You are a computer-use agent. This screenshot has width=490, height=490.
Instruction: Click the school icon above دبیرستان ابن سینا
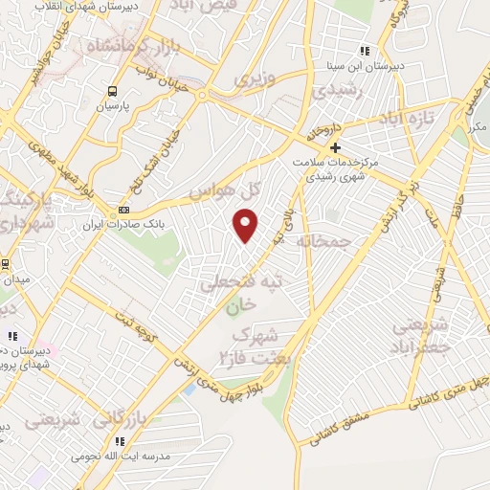pyautogui.click(x=364, y=50)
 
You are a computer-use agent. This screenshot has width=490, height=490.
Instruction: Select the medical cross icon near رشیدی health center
pyautogui.click(x=335, y=147)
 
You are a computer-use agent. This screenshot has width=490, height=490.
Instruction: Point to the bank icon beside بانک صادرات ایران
pyautogui.click(x=122, y=211)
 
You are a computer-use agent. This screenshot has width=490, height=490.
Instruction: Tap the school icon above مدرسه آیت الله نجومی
pyautogui.click(x=120, y=441)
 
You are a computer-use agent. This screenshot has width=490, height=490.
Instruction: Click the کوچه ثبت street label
pyautogui.click(x=135, y=323)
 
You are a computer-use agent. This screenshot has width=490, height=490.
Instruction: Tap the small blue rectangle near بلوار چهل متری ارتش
pyautogui.click(x=189, y=389)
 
